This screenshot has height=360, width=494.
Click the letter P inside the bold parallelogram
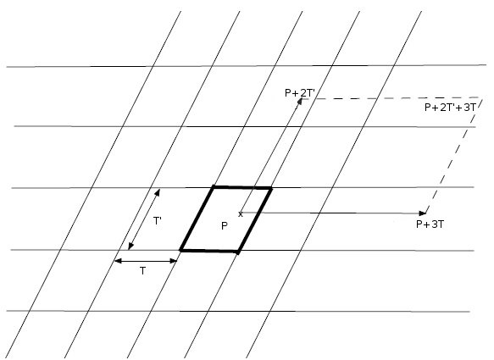coord(225,226)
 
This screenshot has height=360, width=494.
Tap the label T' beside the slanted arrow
coord(158,221)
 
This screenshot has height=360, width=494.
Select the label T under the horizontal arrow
coord(143,271)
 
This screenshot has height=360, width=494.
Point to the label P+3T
coord(430,224)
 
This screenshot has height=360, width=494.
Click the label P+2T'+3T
coord(450,108)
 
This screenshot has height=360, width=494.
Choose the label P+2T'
coord(300,93)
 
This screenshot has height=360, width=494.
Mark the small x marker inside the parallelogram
coord(241,214)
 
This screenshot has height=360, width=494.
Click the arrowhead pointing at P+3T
coord(423,213)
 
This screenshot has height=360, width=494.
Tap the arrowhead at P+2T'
coord(300,101)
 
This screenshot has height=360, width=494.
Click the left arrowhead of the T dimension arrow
coord(118,261)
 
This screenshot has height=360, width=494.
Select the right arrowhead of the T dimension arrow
coord(174,261)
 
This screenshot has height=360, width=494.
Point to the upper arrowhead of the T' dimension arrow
coord(158,192)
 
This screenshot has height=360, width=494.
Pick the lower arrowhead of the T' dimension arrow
coord(130,246)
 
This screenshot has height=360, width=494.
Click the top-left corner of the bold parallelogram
coord(214,187)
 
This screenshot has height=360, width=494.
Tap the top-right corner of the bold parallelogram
coord(270,188)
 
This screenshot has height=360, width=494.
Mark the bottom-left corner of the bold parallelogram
coord(180,251)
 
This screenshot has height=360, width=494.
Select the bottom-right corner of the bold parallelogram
coord(238,252)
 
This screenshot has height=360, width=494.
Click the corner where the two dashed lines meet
coord(482,97)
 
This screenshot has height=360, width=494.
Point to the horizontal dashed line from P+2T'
coord(392,98)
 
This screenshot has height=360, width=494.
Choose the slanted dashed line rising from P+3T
coord(454,156)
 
